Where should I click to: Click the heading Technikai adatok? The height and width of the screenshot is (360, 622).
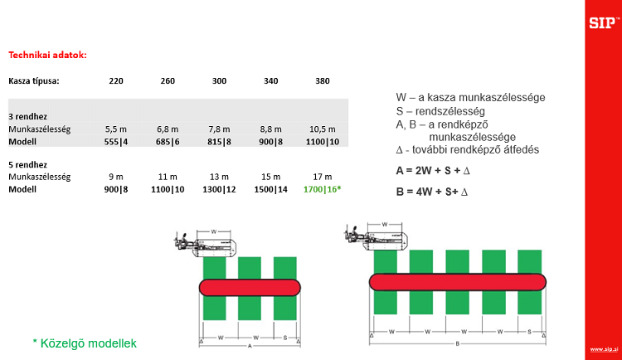pyautogui.click(x=47, y=56)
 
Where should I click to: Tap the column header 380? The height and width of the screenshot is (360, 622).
pyautogui.click(x=323, y=81)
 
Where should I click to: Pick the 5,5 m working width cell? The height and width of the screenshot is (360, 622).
pyautogui.click(x=115, y=129)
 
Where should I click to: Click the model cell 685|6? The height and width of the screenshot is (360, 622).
pyautogui.click(x=168, y=142)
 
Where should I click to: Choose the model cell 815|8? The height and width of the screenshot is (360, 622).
pyautogui.click(x=219, y=142)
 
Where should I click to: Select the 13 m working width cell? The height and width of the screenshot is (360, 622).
pyautogui.click(x=219, y=177)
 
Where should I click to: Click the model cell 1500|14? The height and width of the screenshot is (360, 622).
pyautogui.click(x=271, y=189)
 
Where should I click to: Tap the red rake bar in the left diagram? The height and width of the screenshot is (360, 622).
pyautogui.click(x=250, y=286)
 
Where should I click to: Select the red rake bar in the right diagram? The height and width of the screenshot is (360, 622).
pyautogui.click(x=458, y=280)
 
